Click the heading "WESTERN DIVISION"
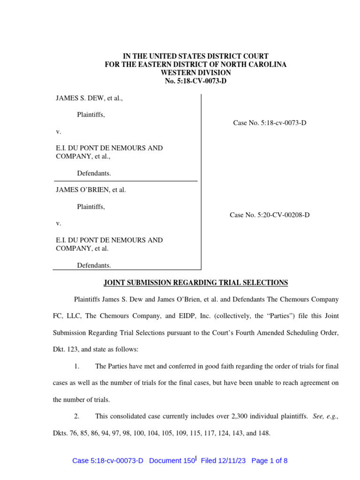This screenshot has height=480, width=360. pos(195,73)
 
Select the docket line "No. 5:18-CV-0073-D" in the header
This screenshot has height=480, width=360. pos(195,81)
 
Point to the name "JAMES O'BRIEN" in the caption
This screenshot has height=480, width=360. pos(80,190)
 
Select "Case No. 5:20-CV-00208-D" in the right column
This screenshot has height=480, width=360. pos(270,215)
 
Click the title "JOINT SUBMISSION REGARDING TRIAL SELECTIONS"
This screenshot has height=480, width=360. pos(195,283)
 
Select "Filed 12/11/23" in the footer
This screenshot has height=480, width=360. pos(224,460)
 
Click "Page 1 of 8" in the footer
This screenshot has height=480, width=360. pos(270,460)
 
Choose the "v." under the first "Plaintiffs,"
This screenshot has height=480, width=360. pos(59,131)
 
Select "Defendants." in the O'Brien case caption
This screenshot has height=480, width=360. pos(94,265)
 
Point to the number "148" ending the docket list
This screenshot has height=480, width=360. pos(264,433)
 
